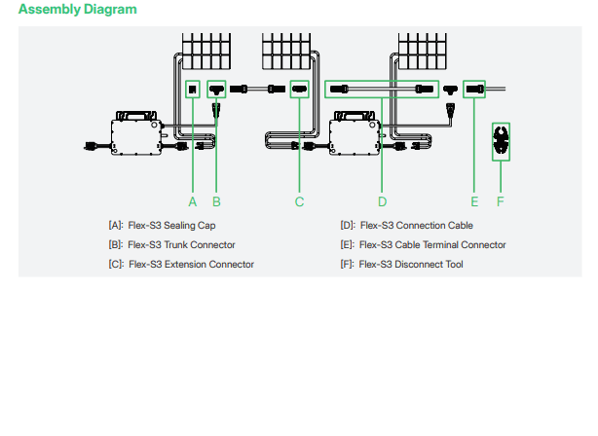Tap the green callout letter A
(x=193, y=201)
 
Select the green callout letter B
(x=216, y=201)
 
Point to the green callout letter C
(x=300, y=201)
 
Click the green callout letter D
(x=382, y=201)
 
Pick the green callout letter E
(x=474, y=201)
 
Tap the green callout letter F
(x=501, y=201)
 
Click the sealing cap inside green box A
(x=193, y=90)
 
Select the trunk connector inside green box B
(x=216, y=91)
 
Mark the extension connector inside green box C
(x=300, y=90)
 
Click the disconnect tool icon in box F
(x=501, y=139)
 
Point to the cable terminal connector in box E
(x=474, y=90)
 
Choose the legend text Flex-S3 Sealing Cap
(x=171, y=226)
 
